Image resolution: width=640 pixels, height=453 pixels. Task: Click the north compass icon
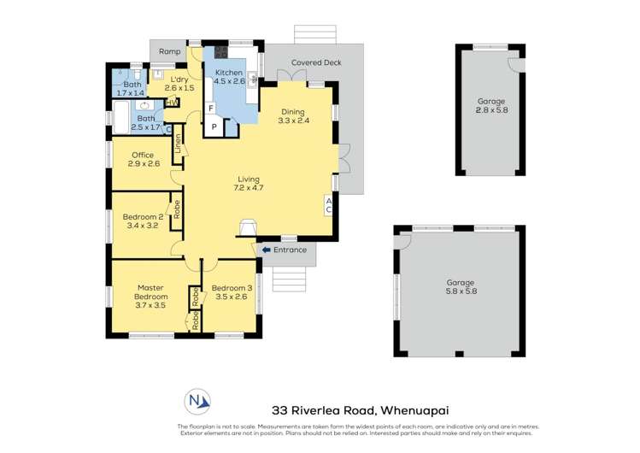click(197, 402)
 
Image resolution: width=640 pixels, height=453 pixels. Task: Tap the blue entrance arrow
click(266, 250)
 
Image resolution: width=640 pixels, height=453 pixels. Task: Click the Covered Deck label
click(316, 62)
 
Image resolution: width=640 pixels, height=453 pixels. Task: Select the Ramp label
click(169, 51)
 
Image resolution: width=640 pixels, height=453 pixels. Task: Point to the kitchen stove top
click(220, 52)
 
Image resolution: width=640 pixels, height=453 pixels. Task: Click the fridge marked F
click(210, 109)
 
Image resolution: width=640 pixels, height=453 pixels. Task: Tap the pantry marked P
click(214, 126)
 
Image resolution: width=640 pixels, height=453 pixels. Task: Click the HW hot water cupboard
click(172, 103)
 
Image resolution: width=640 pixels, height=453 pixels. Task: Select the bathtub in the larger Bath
click(121, 117)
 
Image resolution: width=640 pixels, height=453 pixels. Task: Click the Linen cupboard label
click(178, 144)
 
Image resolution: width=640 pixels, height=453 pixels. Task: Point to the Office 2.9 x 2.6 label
click(144, 160)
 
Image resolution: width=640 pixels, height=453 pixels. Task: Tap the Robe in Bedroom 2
click(177, 209)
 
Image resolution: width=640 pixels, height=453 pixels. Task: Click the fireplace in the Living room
click(248, 227)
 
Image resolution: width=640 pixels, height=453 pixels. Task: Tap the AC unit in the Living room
click(329, 206)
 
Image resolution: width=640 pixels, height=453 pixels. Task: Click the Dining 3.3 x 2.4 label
click(293, 116)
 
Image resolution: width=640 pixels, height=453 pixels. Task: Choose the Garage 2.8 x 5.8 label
click(491, 105)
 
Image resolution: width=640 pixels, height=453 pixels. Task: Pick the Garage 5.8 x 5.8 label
click(460, 287)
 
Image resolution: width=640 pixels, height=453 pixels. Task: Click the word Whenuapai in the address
click(414, 410)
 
